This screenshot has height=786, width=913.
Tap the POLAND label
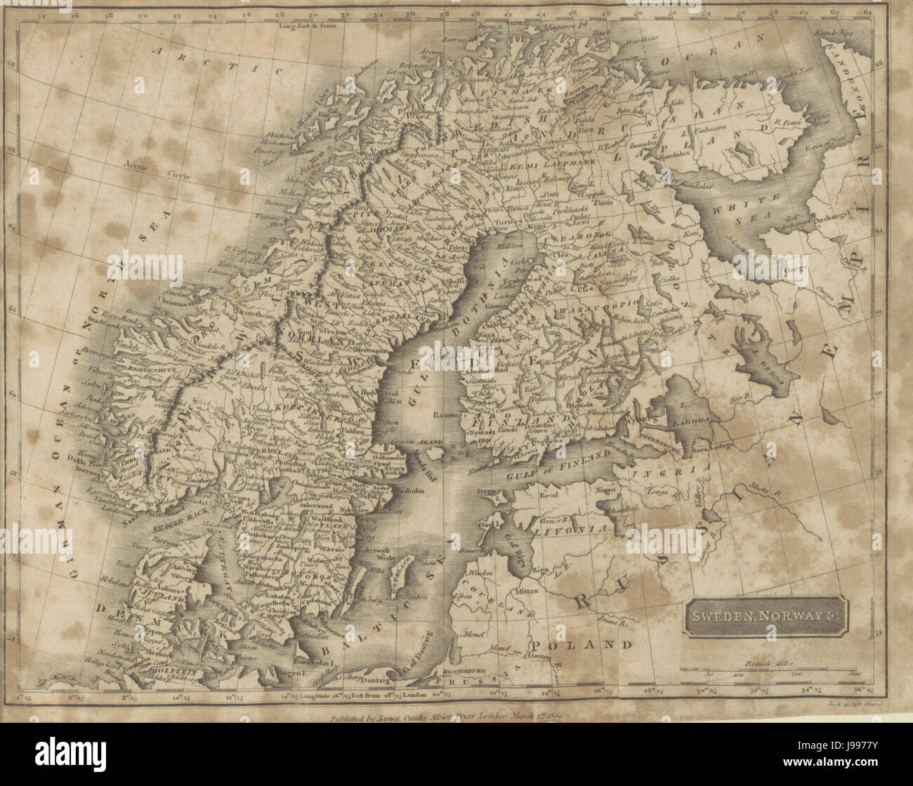coord(582,644)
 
